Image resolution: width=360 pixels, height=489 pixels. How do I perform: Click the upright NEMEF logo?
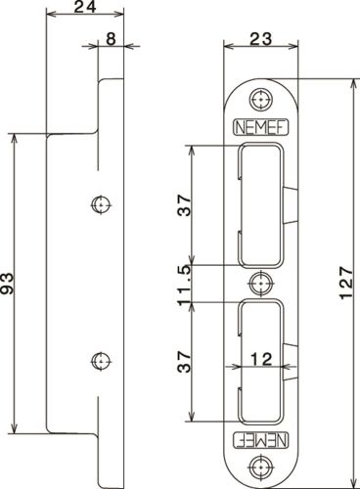[x=259, y=126]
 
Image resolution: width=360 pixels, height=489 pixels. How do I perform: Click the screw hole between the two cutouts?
[x=259, y=284]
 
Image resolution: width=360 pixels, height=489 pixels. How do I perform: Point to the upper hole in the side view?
[x=98, y=204]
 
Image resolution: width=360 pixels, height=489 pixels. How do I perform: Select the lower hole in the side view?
[x=98, y=362]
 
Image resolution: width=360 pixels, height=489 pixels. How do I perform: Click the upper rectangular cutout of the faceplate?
[x=260, y=205]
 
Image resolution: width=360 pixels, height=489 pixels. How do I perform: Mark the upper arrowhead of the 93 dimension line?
[x=14, y=139]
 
